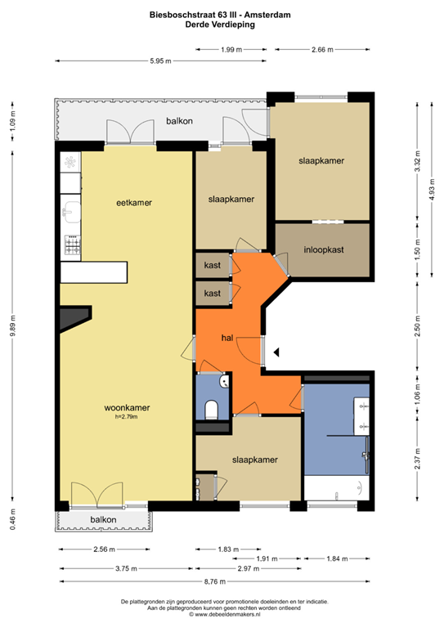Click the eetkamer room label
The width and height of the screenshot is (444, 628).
pos(134,202)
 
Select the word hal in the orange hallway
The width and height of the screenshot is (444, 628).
pos(228,338)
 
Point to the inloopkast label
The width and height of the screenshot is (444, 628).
pos(323,249)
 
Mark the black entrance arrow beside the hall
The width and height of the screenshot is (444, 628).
pos(277,352)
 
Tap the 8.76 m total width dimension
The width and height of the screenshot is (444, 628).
pos(216,581)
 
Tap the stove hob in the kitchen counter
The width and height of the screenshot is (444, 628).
pos(72,243)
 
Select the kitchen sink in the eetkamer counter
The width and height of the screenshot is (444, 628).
pos(70,212)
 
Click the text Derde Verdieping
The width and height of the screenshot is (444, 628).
pos(221,25)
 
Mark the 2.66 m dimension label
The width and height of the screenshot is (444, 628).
pos(323,50)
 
